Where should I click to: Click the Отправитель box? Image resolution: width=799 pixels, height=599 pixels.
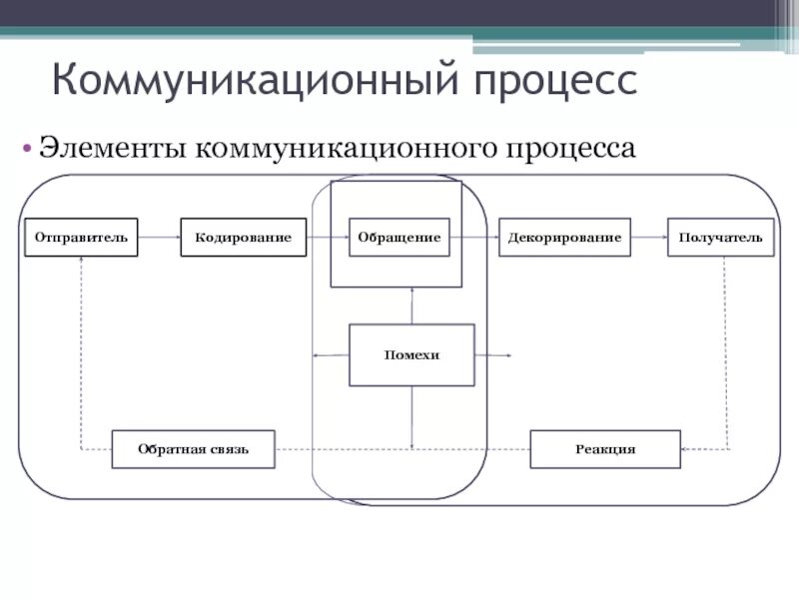pos(82,238)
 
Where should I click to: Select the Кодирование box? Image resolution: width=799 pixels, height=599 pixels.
pos(244,238)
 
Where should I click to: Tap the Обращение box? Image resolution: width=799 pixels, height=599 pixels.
pos(399,238)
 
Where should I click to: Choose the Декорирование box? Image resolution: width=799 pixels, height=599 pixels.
pos(564,238)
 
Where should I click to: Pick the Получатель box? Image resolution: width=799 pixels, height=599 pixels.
pos(720,238)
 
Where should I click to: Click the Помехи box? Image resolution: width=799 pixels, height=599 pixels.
pos(411,355)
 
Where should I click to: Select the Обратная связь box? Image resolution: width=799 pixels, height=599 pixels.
pos(193,449)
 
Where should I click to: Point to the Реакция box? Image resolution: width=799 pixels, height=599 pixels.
pos(605,449)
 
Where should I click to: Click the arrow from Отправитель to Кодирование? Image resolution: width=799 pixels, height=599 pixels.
pos(160,238)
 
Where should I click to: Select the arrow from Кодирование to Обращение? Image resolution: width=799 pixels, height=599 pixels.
pos(328,238)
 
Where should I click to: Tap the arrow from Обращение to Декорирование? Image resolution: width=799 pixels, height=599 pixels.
pos(474,238)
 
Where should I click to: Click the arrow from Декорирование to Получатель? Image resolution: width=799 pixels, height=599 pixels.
pos(649,238)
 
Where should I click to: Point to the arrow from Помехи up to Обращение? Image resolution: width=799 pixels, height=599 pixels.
pos(411,305)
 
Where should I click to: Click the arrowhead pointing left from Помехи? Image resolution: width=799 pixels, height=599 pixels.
pos(318,355)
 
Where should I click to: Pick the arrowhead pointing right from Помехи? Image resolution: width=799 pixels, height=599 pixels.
pos(506,355)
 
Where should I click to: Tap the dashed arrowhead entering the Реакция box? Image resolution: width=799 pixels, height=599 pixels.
pos(685,450)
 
